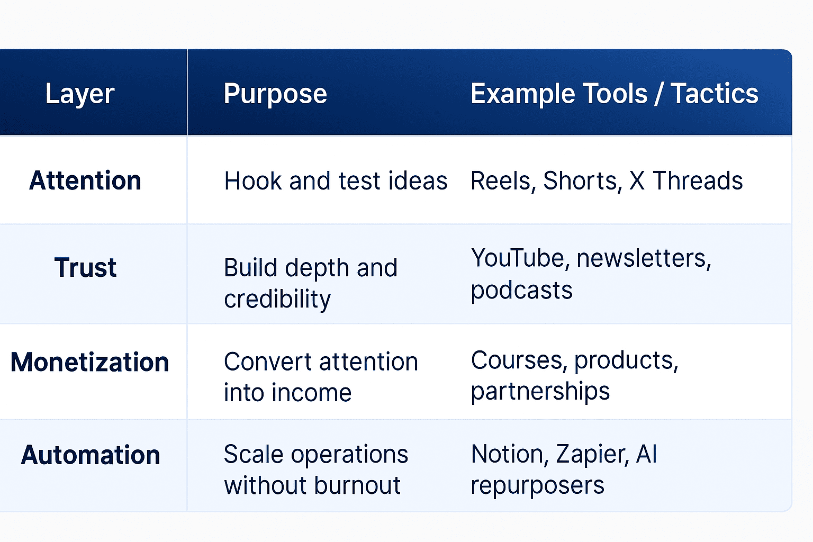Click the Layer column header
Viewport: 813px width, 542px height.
80,94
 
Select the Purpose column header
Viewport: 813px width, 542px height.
275,94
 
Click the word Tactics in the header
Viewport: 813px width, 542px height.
715,94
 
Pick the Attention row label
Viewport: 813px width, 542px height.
85,180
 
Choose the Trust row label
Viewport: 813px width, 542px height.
85,267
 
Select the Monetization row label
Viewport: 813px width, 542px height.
89,362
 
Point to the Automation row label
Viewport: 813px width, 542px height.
91,455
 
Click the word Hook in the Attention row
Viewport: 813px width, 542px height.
253,181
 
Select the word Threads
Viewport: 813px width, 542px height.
698,181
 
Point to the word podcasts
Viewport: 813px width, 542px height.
521,291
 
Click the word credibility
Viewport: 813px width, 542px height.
277,300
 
